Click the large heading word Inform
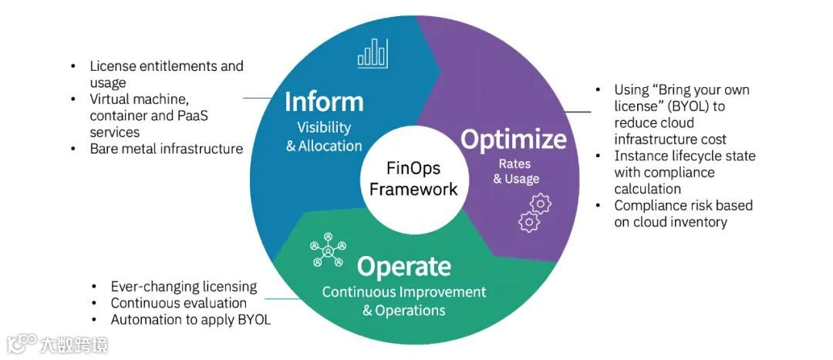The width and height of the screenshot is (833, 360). click(324, 101)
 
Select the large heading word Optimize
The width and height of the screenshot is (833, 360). click(513, 139)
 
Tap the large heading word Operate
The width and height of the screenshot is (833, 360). click(403, 267)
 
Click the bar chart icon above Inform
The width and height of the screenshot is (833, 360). click(372, 53)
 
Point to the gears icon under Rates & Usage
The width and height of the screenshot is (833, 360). click(535, 212)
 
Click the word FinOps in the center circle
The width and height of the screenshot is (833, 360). click(413, 167)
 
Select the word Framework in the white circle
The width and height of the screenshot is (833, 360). click(413, 189)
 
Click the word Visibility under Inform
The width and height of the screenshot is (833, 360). click(324, 127)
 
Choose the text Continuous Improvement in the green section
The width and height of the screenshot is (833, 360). click(404, 292)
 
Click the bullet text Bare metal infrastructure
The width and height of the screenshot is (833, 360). click(166, 149)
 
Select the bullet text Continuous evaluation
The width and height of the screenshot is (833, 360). click(178, 303)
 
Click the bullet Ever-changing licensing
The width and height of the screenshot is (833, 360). click(184, 286)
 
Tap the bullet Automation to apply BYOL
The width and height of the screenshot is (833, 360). click(191, 319)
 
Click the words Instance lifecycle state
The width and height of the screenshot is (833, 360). click(685, 156)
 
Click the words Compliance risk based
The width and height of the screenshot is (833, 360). click(683, 205)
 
